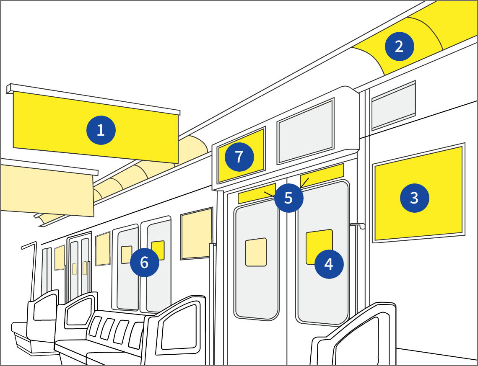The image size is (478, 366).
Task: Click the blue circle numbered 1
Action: coord(101,130)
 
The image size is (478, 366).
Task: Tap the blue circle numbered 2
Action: coord(399,46)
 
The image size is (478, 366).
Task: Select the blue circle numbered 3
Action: coord(414,198)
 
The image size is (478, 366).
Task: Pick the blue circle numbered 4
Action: coord(329,264)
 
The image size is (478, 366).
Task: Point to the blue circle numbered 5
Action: coord(289,198)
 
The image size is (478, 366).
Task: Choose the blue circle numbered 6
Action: coord(145,262)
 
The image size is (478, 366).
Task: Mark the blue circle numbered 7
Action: coord(239,157)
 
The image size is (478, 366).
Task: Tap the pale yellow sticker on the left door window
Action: coord(256,252)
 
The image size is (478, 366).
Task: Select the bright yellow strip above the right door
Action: coord(322,175)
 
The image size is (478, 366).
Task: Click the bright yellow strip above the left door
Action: coord(257,193)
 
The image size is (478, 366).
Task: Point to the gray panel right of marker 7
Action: coord(305,131)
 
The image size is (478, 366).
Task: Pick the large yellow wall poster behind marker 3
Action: coord(418,193)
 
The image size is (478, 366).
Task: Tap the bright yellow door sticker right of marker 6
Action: coord(158,249)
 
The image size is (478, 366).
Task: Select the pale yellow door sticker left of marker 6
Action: coord(126,255)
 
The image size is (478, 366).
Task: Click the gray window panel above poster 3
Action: coord(394,106)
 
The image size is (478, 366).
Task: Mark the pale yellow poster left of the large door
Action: coord(196,234)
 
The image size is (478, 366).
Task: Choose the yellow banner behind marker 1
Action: coord(96,127)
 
